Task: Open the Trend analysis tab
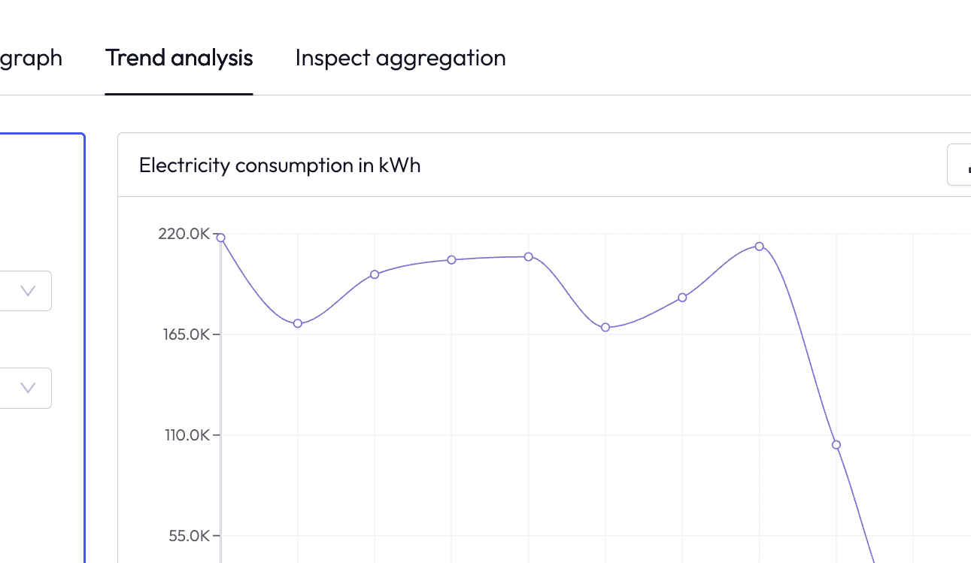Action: [179, 58]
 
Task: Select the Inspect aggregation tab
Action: [401, 58]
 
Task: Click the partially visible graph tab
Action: [31, 58]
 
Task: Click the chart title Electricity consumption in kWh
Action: [280, 165]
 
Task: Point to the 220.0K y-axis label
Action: [184, 234]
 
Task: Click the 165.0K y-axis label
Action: [187, 334]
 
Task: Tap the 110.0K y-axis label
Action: [187, 434]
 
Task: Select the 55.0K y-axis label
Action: [189, 536]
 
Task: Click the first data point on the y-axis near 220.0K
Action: [220, 238]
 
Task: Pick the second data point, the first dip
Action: [298, 323]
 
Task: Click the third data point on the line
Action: [375, 274]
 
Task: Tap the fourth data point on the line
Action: [452, 260]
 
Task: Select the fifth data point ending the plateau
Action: [529, 257]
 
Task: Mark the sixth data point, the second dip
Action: [605, 328]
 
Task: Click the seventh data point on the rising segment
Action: [682, 298]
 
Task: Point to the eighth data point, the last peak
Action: [760, 247]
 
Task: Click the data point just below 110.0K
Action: [836, 445]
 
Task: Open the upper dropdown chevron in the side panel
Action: [28, 291]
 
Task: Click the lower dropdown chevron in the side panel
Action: [28, 388]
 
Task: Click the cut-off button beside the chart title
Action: [959, 165]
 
